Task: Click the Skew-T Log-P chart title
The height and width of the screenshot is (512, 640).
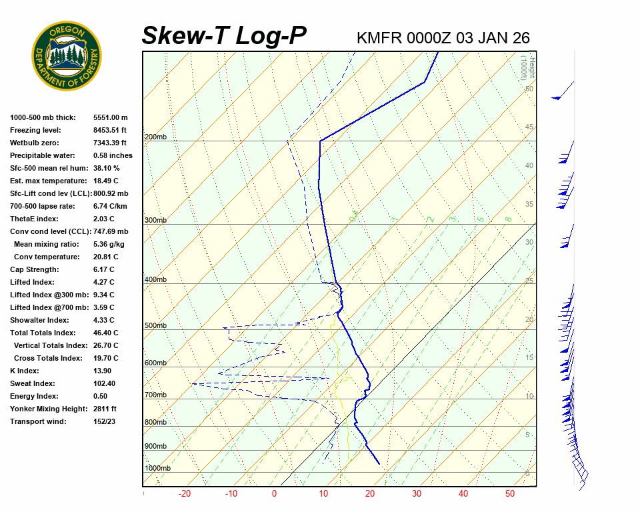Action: [224, 36]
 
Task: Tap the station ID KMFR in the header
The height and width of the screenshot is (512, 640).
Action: [379, 38]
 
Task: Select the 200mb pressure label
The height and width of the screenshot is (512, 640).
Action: [155, 137]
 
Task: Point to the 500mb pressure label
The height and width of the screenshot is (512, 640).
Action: [155, 326]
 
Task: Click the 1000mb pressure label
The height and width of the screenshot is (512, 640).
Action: [157, 469]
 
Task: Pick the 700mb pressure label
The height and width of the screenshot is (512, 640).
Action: [155, 395]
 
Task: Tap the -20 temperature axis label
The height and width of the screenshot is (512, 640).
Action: [185, 494]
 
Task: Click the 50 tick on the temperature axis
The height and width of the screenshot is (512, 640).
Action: [510, 494]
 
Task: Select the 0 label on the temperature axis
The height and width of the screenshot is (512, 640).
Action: [274, 494]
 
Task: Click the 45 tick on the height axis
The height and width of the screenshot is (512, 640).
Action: [529, 127]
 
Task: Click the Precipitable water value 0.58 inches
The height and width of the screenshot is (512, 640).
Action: [113, 155]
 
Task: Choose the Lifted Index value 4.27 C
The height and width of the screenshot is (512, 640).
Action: [103, 282]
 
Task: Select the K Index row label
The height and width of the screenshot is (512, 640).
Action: [24, 371]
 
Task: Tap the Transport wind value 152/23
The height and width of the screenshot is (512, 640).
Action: [105, 421]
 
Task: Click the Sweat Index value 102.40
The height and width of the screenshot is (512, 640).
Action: [105, 383]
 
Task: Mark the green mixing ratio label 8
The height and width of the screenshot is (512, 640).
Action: [508, 219]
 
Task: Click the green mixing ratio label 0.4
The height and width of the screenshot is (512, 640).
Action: [355, 215]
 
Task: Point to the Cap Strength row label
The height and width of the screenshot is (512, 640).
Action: [34, 269]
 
